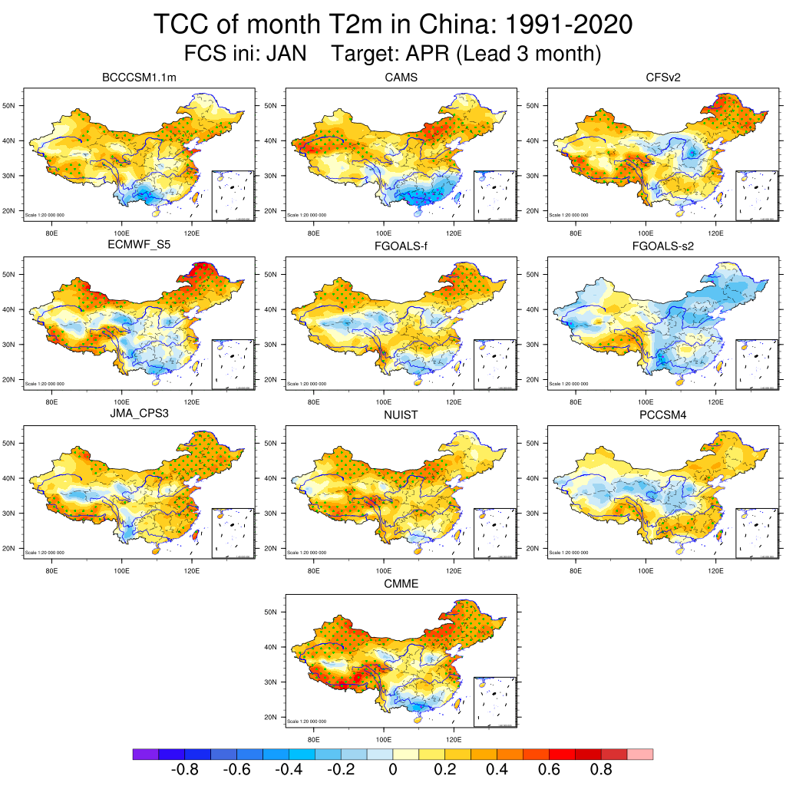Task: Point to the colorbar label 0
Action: click(x=392, y=770)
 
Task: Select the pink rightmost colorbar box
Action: click(x=640, y=755)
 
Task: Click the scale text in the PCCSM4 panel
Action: click(x=569, y=553)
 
